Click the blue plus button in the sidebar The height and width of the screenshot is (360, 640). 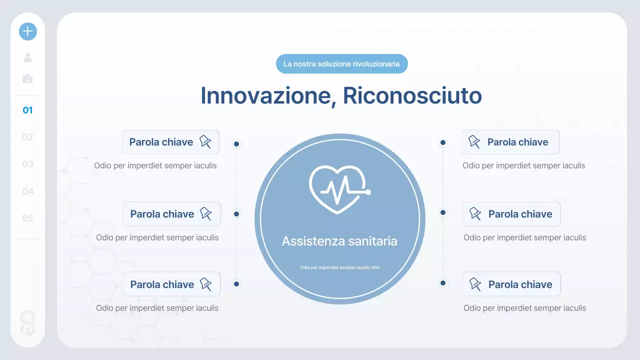click(x=28, y=31)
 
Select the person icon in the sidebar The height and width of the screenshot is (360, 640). click(x=28, y=57)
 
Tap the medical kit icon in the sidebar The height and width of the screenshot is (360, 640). click(x=28, y=78)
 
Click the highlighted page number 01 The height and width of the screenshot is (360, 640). click(x=27, y=110)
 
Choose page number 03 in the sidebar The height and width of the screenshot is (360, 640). click(x=27, y=164)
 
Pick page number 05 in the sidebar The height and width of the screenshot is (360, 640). click(x=27, y=218)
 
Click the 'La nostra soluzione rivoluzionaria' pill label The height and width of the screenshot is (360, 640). click(x=341, y=64)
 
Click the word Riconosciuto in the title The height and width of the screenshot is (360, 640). click(x=412, y=95)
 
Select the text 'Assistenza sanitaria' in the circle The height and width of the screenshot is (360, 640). click(x=339, y=241)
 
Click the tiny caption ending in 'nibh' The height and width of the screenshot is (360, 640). click(x=339, y=267)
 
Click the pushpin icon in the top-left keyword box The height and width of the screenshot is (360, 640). click(x=205, y=142)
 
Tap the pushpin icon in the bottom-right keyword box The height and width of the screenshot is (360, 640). click(x=475, y=284)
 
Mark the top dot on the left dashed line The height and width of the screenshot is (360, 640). click(x=236, y=144)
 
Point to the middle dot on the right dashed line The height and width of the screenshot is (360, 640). click(x=443, y=212)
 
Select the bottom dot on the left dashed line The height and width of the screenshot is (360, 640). click(x=236, y=284)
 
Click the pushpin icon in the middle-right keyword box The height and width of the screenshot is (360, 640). click(x=475, y=214)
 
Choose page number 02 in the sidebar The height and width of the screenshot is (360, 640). click(x=27, y=137)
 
